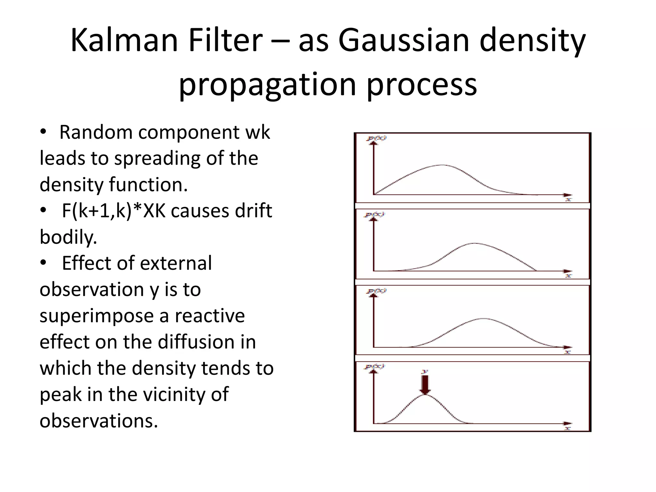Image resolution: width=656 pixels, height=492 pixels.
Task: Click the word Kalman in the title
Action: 124,41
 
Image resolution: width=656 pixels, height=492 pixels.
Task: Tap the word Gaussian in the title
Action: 403,41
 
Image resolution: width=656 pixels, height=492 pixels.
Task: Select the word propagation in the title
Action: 267,85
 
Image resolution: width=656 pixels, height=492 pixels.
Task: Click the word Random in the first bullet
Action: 96,132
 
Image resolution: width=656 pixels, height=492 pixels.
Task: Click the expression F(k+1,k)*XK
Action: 113,211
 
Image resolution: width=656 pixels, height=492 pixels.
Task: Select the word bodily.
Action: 68,237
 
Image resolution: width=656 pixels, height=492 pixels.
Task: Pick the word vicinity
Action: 174,394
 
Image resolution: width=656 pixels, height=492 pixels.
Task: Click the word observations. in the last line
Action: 99,421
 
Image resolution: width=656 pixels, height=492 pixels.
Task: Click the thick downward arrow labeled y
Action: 425,384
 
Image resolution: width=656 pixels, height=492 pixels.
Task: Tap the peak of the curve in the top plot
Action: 443,165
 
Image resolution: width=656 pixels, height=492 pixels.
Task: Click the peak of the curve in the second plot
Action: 474,243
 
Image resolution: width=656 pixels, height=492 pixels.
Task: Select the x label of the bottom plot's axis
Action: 568,428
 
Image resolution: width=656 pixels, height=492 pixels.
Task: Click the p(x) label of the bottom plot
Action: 375,366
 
